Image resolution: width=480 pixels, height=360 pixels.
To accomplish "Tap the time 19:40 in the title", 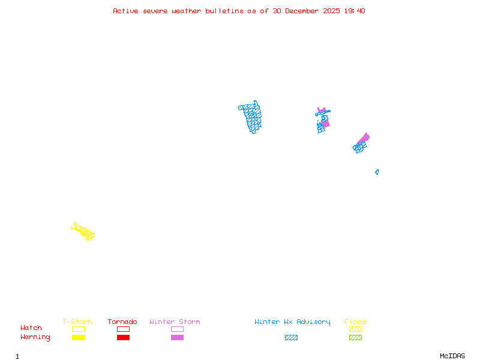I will point(355,11).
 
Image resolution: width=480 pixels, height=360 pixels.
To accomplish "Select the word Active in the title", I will point(125,11).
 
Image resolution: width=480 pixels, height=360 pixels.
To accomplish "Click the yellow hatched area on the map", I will point(83,231).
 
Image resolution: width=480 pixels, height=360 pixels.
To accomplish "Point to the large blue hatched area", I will point(251,116).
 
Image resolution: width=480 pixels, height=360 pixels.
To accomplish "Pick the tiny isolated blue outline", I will point(377,172).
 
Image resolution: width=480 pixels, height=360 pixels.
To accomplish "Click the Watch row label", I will point(31,328).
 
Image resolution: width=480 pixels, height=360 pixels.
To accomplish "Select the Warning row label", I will point(35,337).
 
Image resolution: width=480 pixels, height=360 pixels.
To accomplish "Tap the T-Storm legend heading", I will point(77,322).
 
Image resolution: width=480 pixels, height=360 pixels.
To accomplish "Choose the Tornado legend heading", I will point(122,322).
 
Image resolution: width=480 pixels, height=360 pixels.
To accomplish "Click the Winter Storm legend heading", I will point(175,322).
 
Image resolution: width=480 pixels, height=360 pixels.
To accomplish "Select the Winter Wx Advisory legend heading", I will point(292,322).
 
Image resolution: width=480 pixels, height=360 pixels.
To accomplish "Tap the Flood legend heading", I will point(355,322).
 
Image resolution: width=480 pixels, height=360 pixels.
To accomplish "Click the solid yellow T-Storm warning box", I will point(78,337).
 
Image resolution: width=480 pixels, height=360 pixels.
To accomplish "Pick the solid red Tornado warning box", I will point(123,337).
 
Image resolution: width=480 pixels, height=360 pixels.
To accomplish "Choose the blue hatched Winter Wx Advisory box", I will point(291,337).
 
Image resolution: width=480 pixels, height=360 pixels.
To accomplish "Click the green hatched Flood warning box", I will point(355,337).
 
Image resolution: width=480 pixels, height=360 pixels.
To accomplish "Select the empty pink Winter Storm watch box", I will point(177,329).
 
